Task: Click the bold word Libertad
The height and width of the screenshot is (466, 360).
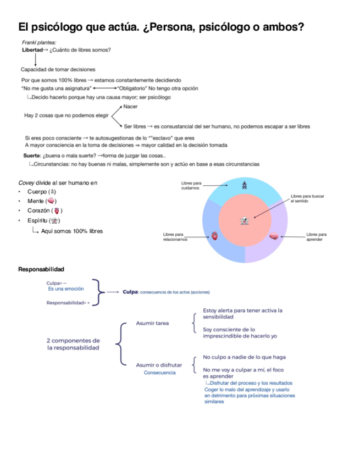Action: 31,50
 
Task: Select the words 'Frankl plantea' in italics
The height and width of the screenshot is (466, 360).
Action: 38,43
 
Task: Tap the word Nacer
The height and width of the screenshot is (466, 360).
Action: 130,106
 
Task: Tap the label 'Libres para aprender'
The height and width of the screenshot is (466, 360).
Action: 316,237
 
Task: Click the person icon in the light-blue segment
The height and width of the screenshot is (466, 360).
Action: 245,185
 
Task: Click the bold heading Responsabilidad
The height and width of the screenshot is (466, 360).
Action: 41,269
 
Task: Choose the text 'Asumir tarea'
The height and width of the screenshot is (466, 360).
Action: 152,323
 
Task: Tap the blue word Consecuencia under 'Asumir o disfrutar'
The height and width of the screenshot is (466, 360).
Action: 159,373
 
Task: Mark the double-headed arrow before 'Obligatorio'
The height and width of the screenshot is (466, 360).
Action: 104,88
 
